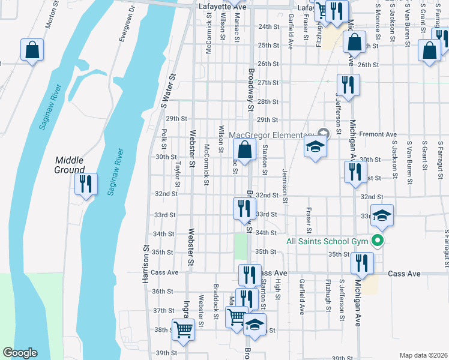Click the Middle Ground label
point(70,164)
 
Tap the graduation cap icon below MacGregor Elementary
point(315,147)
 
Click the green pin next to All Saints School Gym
point(377,241)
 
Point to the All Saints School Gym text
point(327,241)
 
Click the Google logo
point(20,353)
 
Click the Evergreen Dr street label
point(124,25)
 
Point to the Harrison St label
point(146,265)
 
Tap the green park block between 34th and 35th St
point(241,245)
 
